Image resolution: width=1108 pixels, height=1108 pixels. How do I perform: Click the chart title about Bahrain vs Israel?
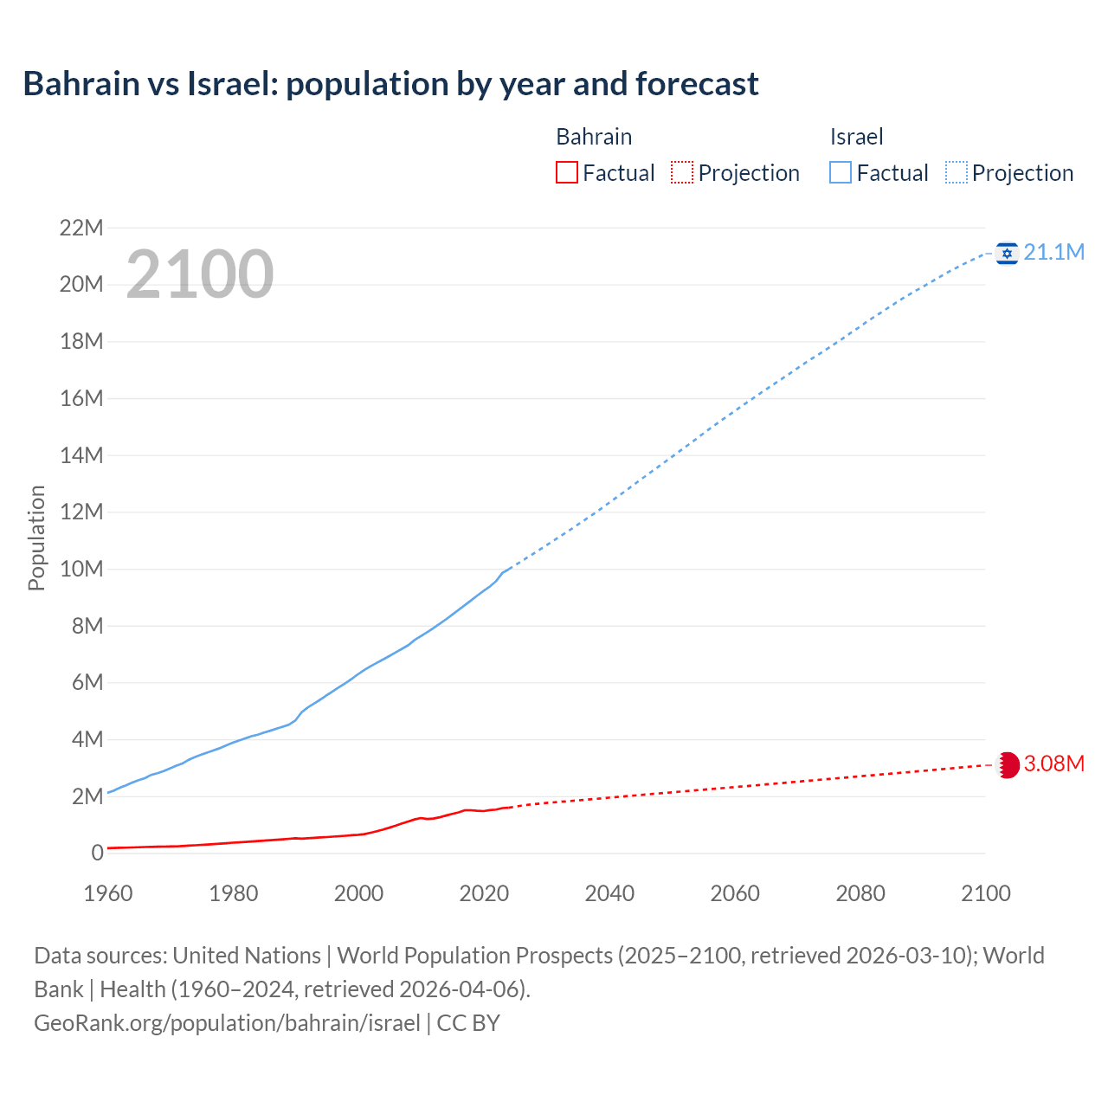390,84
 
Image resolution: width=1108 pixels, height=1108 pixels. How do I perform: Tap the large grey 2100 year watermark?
200,274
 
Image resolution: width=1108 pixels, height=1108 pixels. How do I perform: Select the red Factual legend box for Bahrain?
566,172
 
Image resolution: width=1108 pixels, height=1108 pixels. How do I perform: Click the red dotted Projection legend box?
682,172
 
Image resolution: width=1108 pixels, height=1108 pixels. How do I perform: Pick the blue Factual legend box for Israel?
841,172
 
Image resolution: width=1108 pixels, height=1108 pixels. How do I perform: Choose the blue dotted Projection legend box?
956,172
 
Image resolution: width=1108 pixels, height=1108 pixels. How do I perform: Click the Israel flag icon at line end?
1007,253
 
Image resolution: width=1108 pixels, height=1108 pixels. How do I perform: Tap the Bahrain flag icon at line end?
1008,764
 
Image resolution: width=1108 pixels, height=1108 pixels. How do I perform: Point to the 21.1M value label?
1053,252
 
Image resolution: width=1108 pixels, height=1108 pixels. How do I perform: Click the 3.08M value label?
1053,763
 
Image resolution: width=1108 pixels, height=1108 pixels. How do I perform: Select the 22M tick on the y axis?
81,228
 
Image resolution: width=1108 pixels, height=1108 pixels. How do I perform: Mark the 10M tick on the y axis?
81,569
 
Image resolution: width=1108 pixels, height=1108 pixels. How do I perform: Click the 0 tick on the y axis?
97,853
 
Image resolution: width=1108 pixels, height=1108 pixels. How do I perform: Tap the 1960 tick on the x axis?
108,892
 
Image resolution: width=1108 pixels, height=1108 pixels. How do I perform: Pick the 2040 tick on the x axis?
609,892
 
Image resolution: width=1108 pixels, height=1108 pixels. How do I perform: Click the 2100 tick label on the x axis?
985,892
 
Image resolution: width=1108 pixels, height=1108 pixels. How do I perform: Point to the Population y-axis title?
36,538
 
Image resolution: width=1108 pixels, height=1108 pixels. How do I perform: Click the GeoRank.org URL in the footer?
227,1022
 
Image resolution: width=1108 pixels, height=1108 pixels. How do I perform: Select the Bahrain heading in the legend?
594,137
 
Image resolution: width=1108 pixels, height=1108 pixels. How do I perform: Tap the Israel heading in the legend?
856,137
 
